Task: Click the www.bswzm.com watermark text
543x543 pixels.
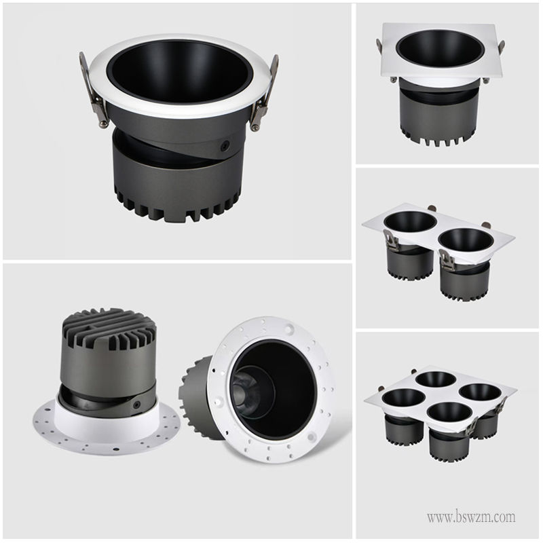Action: pyautogui.click(x=471, y=517)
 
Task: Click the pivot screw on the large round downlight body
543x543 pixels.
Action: pyautogui.click(x=225, y=145)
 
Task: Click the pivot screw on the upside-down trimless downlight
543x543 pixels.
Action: pyautogui.click(x=137, y=404)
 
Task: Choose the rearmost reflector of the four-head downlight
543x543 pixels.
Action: pyautogui.click(x=436, y=379)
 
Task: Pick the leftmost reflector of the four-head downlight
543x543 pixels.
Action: pyautogui.click(x=404, y=398)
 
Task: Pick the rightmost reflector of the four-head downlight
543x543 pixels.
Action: pyautogui.click(x=481, y=392)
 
